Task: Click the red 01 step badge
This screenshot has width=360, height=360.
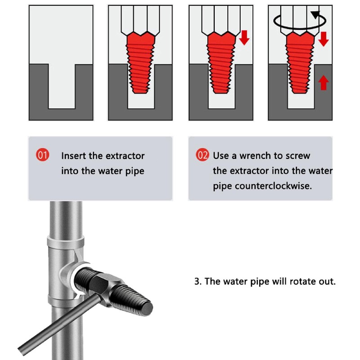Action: [42, 155]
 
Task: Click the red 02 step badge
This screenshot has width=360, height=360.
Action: [202, 155]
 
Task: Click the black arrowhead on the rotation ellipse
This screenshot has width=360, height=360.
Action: [315, 15]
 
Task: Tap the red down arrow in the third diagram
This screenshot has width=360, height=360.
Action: [244, 37]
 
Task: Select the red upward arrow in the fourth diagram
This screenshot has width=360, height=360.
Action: [324, 83]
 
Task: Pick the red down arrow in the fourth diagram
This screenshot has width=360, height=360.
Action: [323, 39]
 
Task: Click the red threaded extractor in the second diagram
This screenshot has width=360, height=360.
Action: [140, 63]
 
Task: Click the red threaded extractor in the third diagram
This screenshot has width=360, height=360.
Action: [221, 63]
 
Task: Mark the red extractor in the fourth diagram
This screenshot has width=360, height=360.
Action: [300, 63]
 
